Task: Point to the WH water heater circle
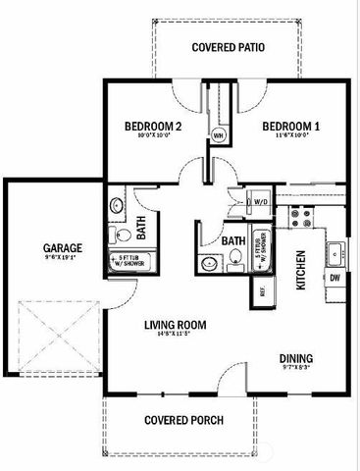click(x=218, y=135)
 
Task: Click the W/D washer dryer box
click(x=260, y=201)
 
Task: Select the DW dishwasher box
click(x=335, y=278)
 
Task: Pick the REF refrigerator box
click(x=262, y=290)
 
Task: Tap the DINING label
click(x=296, y=358)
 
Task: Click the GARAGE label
click(x=61, y=247)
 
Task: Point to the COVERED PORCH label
click(x=183, y=420)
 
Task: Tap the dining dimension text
click(x=296, y=370)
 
